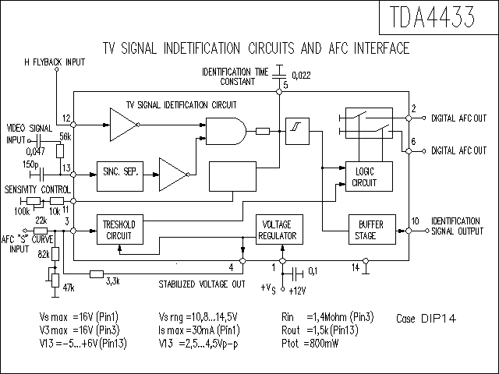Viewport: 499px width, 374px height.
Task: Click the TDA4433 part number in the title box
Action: point(432,17)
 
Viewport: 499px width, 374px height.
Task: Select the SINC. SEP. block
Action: point(120,177)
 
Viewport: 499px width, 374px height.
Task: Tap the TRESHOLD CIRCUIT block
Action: point(120,230)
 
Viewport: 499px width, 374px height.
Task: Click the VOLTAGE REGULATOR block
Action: point(279,230)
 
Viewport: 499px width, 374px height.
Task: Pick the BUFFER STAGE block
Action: point(372,230)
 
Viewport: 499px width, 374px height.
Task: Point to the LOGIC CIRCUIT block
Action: point(369,177)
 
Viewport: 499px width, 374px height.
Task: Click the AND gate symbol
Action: point(226,132)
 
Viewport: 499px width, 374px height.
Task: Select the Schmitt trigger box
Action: point(297,132)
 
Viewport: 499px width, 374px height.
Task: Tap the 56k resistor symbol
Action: point(60,151)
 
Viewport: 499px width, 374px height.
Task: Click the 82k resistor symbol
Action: point(55,254)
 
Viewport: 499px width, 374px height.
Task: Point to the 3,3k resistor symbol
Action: point(97,273)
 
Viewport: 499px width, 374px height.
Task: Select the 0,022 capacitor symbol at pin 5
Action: point(279,71)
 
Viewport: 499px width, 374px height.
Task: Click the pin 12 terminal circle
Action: point(73,125)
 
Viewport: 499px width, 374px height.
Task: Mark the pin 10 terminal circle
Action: point(409,231)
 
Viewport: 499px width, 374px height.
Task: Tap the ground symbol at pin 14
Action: point(366,268)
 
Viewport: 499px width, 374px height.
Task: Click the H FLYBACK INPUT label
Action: point(55,62)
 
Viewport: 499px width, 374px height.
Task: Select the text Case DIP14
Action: point(426,319)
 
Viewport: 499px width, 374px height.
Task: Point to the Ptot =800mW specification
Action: point(310,344)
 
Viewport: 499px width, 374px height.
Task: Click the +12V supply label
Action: point(297,291)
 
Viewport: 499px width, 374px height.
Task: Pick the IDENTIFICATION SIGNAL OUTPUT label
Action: point(458,226)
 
